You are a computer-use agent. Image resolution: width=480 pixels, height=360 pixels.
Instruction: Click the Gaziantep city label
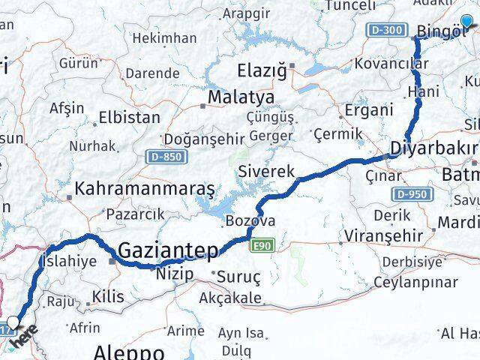[169, 249]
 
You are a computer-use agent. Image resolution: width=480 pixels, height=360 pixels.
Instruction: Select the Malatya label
[241, 98]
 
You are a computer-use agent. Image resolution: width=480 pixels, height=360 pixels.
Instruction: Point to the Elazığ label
[262, 72]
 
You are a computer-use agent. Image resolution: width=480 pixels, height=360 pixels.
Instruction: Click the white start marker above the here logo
[13, 324]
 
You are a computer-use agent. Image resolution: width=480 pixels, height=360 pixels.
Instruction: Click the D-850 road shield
[162, 157]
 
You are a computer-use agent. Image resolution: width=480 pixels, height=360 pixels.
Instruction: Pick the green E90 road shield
[263, 244]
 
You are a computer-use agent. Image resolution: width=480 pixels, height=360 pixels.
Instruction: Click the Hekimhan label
[173, 37]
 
